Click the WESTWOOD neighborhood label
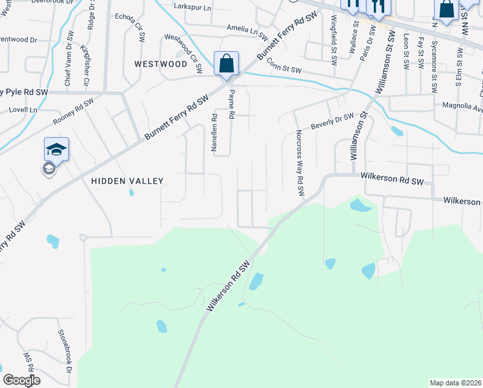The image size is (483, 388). (160, 64)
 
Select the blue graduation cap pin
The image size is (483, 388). (56, 149)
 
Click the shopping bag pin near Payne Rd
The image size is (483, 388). (226, 64)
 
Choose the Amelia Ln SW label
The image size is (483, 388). (247, 28)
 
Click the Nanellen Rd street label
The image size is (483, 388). (214, 133)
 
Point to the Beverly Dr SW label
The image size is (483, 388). (332, 120)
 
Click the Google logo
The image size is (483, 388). (21, 380)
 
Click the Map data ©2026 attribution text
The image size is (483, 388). (456, 383)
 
